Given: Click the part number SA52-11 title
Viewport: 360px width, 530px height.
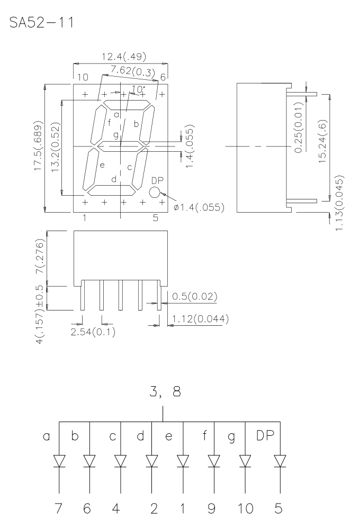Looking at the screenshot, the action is (x=41, y=23).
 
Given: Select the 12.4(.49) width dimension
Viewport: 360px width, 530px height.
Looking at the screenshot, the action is (x=124, y=57).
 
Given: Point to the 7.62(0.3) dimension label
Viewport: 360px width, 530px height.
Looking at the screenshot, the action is (x=133, y=71).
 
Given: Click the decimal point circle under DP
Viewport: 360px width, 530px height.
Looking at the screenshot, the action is (x=154, y=193).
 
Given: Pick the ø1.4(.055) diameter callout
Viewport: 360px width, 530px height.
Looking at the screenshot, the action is (x=199, y=207).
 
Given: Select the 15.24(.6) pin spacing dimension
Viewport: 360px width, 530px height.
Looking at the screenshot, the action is (x=323, y=141).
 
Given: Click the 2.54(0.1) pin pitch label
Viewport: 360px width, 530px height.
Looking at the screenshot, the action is (x=93, y=332).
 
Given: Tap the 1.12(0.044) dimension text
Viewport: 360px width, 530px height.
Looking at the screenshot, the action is (x=200, y=319).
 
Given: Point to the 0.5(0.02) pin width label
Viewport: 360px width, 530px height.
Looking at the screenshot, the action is (x=194, y=296).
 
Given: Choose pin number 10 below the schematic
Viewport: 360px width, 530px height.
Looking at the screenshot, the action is (x=245, y=508).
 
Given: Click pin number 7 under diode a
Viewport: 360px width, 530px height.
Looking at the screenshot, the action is (x=59, y=508).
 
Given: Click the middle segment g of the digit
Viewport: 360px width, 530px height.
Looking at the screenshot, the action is (x=121, y=147).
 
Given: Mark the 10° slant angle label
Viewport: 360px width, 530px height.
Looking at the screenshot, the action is (x=138, y=89).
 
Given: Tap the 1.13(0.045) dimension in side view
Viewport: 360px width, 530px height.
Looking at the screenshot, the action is (x=340, y=203).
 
